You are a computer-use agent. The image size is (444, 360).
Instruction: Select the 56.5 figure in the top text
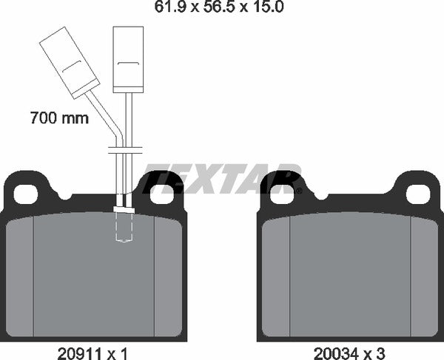222,8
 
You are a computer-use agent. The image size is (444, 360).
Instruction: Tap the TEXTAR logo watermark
222,180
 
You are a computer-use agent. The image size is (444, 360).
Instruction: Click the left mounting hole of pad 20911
26,194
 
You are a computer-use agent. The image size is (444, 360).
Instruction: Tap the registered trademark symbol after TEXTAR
298,191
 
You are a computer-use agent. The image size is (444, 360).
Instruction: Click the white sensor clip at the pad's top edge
123,210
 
